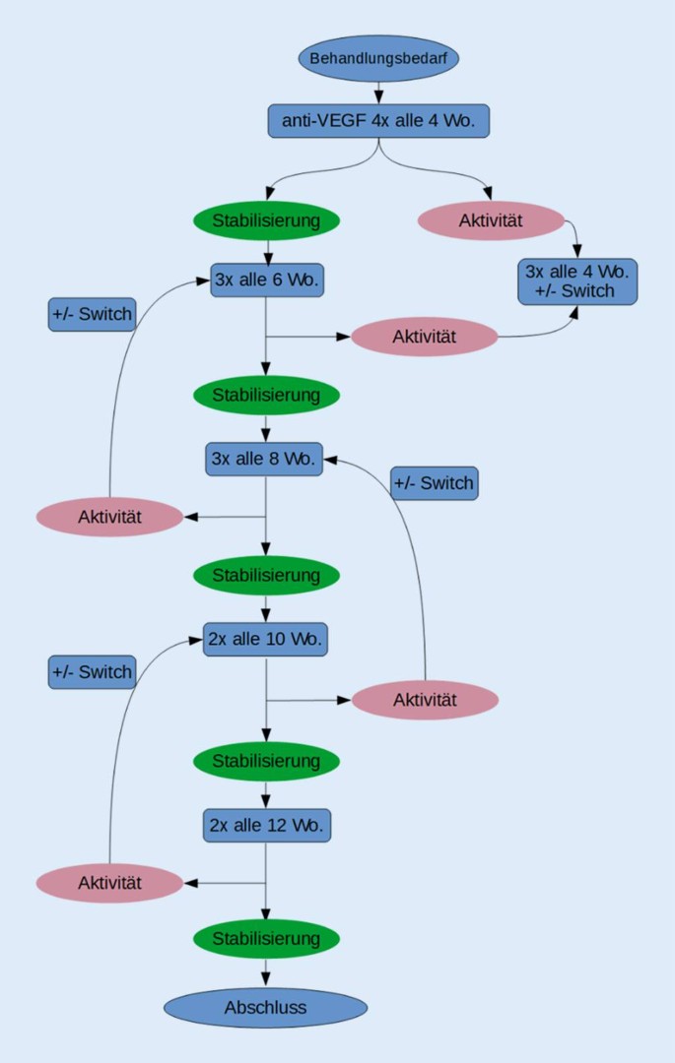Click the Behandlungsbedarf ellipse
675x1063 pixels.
click(378, 58)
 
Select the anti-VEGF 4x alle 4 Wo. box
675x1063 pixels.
click(378, 121)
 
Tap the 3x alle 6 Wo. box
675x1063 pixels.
click(267, 280)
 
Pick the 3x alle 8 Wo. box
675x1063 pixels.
click(264, 459)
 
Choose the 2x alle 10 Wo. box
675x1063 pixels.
click(265, 639)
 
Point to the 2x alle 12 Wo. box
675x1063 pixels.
click(267, 825)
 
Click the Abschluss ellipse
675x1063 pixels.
click(265, 1008)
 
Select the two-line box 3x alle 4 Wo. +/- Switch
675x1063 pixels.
click(577, 281)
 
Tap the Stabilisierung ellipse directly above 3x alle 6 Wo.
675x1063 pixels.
click(266, 219)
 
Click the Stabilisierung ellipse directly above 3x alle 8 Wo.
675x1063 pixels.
click(266, 395)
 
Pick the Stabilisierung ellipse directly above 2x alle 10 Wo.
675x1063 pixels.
click(266, 575)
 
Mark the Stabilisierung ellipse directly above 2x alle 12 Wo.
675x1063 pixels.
click(266, 761)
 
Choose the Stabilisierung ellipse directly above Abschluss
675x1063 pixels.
click(266, 939)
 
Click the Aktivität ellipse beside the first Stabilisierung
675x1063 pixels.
click(491, 220)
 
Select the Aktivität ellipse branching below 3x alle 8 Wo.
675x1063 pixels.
click(109, 517)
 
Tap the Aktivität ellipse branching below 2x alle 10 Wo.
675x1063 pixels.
click(425, 700)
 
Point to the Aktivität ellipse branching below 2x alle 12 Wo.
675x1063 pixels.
click(109, 883)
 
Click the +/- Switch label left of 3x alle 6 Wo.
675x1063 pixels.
click(92, 314)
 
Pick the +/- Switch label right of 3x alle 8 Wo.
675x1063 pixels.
click(434, 483)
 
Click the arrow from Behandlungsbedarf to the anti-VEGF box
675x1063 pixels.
click(378, 93)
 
